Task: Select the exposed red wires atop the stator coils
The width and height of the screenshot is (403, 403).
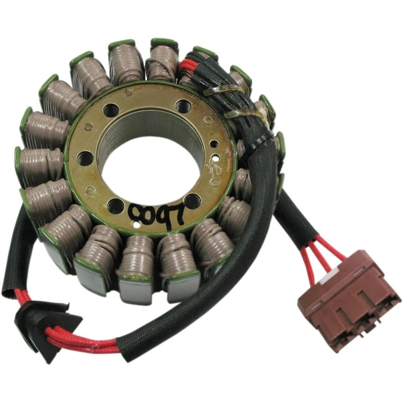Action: tap(188, 65)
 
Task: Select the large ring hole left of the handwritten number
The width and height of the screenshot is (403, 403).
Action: tap(115, 205)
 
